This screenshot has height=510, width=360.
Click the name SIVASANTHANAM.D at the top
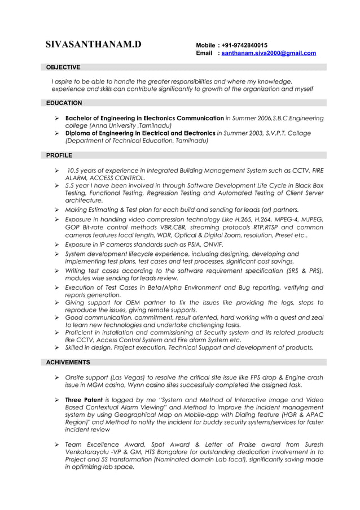pyautogui.click(x=94, y=45)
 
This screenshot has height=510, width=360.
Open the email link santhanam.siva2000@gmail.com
pyautogui.click(x=269, y=53)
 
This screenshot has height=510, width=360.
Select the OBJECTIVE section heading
pyautogui.click(x=63, y=67)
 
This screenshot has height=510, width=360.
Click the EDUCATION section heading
pyautogui.click(x=64, y=103)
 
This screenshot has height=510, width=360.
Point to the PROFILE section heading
pyautogui.click(x=59, y=155)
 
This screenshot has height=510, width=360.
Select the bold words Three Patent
pyautogui.click(x=84, y=400)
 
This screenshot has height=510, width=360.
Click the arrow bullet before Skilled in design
pyautogui.click(x=57, y=348)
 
